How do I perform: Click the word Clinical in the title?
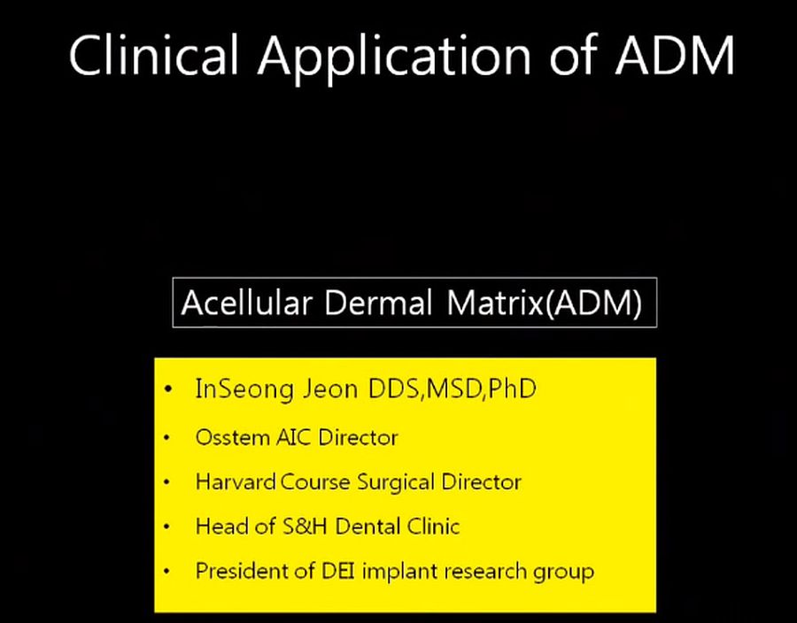point(153,55)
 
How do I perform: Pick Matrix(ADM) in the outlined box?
point(544,304)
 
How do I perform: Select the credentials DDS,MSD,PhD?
point(449,390)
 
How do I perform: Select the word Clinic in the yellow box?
point(429,527)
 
